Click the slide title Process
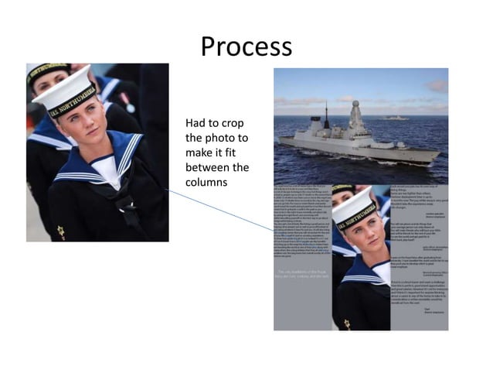[246, 46]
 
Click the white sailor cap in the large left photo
[66, 87]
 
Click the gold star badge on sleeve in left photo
[59, 230]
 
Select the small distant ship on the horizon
[396, 118]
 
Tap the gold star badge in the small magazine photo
[347, 323]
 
